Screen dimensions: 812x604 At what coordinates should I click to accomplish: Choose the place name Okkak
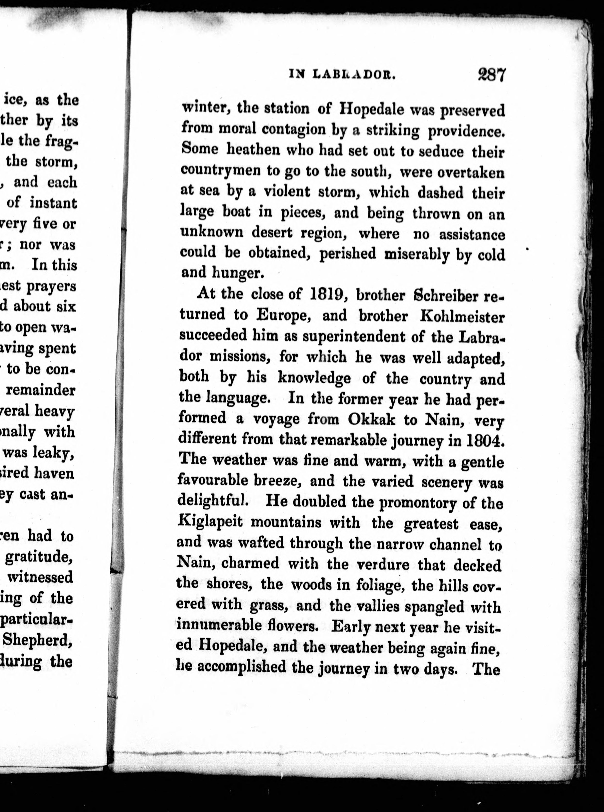372,420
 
